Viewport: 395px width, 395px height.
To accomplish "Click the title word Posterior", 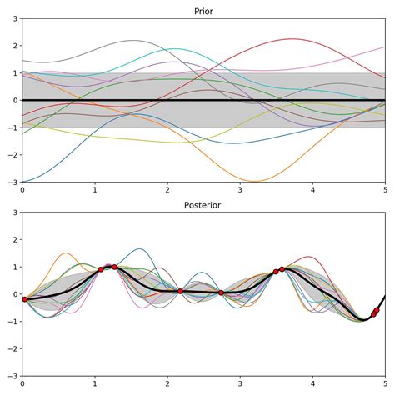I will (x=203, y=204).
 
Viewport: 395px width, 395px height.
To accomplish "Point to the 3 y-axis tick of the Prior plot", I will (x=14, y=18).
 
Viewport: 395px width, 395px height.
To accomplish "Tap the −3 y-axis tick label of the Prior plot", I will (x=12, y=182).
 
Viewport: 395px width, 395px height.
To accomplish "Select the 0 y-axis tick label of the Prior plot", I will (x=14, y=100).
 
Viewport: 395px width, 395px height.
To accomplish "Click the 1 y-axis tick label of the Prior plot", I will (x=14, y=73).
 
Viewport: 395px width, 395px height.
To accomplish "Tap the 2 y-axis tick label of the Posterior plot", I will (x=14, y=239).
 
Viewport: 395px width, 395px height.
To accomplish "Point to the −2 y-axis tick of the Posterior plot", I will (x=12, y=348).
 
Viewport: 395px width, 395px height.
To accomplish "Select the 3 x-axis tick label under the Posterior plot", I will (x=240, y=386).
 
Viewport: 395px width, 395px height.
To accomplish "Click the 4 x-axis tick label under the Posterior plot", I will (x=312, y=386).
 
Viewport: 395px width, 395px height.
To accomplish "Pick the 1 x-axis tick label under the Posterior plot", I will (x=95, y=386).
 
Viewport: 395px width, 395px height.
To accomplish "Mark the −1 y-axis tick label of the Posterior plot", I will (x=12, y=321).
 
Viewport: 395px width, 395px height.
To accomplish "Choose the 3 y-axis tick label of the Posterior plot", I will (x=14, y=212).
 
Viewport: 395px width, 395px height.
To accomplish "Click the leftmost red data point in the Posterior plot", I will (x=24, y=299).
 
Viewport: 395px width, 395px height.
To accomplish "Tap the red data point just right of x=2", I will (x=180, y=291).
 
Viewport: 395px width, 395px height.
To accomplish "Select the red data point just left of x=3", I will (x=221, y=292).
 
